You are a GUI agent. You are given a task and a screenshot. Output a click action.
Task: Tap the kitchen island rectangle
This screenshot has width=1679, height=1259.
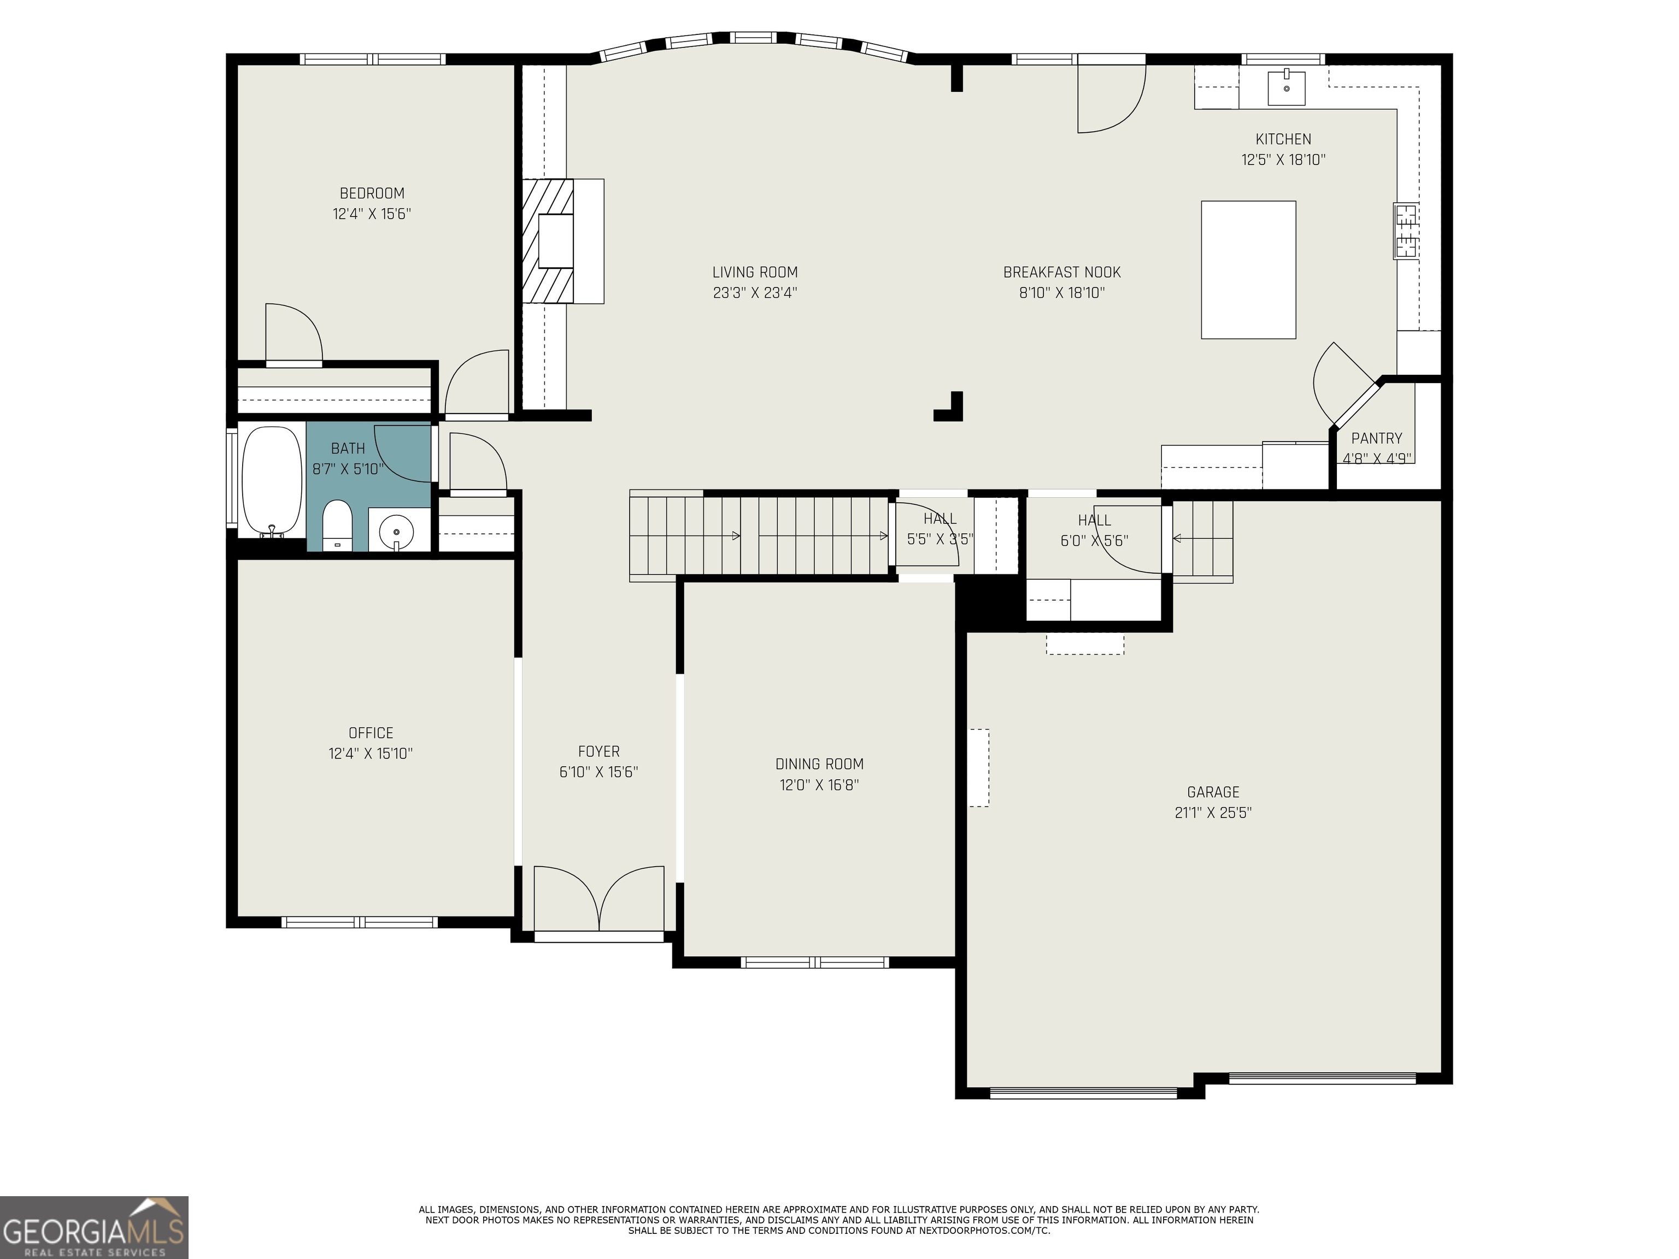coord(1248,269)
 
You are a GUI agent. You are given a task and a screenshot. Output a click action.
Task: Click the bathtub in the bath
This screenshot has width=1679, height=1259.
coord(271,481)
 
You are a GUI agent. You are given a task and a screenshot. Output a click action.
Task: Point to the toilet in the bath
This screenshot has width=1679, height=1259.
coord(337,525)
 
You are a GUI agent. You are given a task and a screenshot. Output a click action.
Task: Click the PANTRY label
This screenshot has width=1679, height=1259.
coord(1377,438)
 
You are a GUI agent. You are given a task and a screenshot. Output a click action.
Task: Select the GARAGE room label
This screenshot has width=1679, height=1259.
coord(1213,792)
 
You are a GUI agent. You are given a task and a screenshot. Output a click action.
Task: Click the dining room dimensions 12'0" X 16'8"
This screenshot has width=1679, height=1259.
coord(819,784)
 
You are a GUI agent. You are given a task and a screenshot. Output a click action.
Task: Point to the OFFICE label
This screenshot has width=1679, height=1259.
coord(371,732)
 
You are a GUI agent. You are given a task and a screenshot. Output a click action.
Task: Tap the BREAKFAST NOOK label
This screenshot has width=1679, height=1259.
coord(1062,272)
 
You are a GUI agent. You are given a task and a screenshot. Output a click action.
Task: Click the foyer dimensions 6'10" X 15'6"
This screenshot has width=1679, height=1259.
coord(599,771)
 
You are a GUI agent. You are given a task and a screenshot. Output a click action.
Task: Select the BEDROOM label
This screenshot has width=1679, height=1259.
coord(372,193)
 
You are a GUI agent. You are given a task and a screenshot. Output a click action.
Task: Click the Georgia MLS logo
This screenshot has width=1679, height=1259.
coord(94,1227)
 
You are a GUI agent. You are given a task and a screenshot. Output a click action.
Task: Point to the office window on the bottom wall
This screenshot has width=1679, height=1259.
coord(360,922)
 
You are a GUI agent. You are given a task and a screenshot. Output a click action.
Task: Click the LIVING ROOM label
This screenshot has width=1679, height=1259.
coord(755,272)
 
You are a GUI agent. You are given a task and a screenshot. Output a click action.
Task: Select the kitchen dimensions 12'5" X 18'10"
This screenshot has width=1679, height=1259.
coord(1283,160)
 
